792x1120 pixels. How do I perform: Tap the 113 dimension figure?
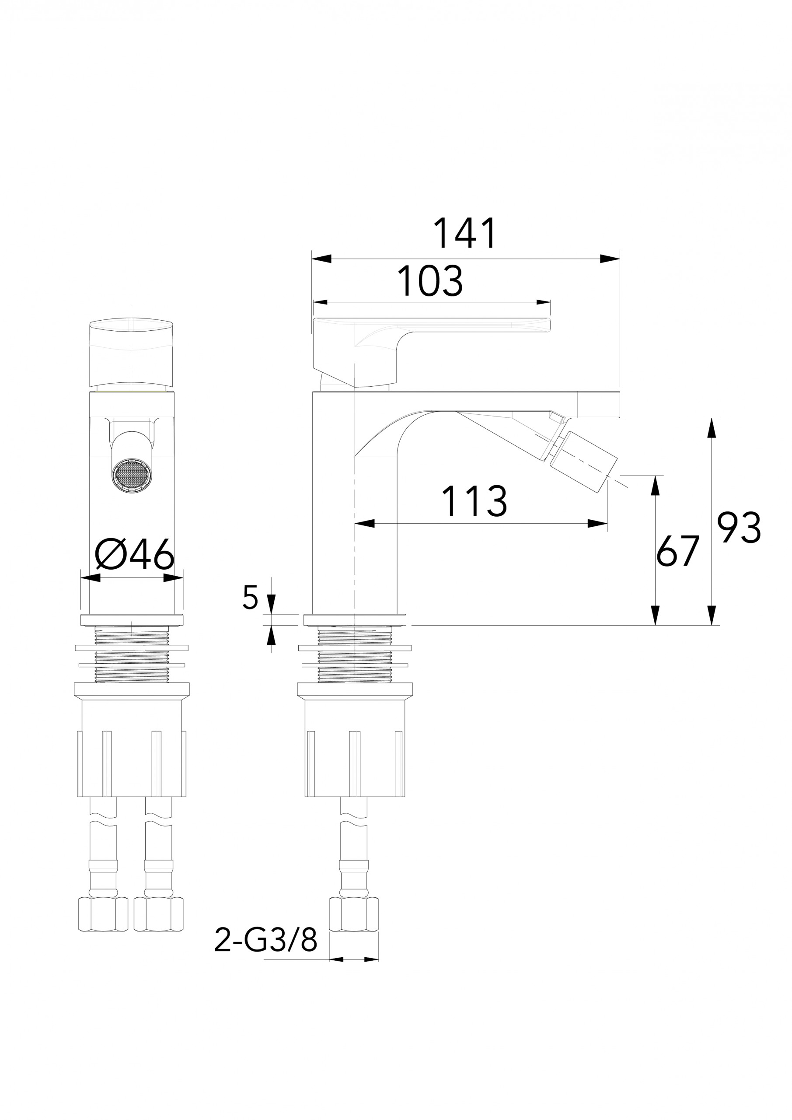[474, 501]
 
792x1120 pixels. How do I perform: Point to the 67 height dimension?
[678, 551]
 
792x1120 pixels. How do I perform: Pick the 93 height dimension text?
[739, 528]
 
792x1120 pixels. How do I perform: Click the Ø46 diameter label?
[134, 554]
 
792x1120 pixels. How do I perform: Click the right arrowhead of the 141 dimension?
[610, 259]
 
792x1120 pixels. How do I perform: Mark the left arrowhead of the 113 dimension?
[365, 523]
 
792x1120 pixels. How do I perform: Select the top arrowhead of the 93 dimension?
[712, 428]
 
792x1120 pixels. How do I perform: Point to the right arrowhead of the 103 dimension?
[544, 302]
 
